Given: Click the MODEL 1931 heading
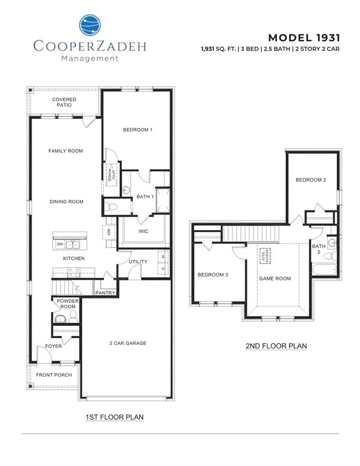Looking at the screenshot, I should pos(304,38).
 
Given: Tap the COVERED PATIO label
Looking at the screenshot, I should pos(64,103).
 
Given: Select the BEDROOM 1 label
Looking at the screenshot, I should pos(137,130).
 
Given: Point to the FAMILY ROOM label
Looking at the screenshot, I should pos(65,151).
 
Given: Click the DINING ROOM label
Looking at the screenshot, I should pos(66,202).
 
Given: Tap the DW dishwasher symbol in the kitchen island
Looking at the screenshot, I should pos(60,244).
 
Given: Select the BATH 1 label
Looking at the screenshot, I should pos(145,196).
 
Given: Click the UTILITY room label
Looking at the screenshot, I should pos(138,262).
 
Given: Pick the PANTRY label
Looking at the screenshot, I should pos(105,293).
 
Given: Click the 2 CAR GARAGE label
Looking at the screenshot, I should pos(127,343).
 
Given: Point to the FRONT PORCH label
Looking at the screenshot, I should pos(54,375).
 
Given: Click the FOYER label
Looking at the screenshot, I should pos(54,346).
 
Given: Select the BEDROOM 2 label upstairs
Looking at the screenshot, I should pos(310,180).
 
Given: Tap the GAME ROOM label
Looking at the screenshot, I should pos(275,278).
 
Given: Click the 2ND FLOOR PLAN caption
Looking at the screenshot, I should pos(276,346).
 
